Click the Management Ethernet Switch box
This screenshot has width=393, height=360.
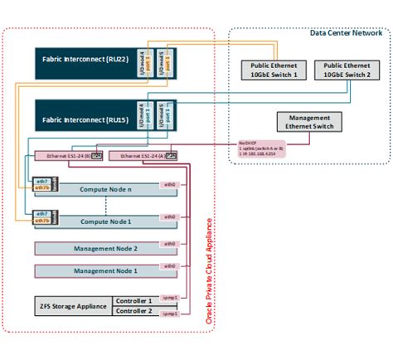click(309, 122)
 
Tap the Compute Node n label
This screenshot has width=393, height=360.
click(106, 190)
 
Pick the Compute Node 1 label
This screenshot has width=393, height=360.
click(106, 221)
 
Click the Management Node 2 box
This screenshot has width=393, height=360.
click(106, 248)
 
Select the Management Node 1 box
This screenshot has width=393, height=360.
click(106, 271)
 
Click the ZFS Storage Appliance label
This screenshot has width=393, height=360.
click(72, 306)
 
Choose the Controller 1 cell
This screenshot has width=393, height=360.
click(133, 301)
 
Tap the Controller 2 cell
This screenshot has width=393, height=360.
click(133, 313)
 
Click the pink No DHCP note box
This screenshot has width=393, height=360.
click(260, 148)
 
